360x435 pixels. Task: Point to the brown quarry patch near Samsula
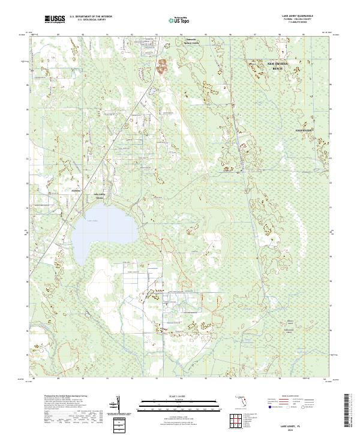click(162, 66)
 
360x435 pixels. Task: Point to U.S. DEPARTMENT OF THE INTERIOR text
click(91, 17)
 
